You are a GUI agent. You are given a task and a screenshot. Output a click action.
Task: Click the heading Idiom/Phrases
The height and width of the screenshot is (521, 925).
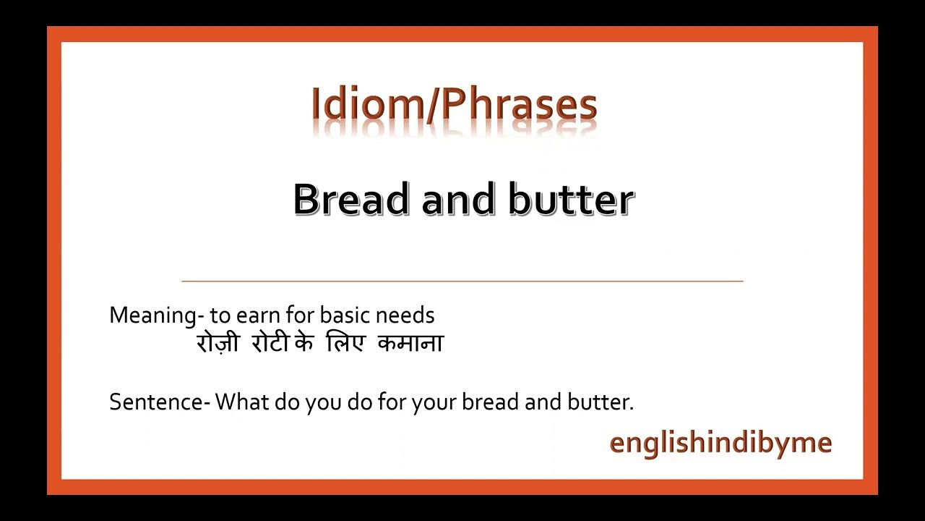click(x=454, y=105)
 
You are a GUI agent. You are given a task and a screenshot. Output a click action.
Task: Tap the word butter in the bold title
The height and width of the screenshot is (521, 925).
click(x=571, y=199)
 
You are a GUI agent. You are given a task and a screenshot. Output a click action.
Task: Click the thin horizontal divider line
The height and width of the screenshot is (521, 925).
click(x=462, y=280)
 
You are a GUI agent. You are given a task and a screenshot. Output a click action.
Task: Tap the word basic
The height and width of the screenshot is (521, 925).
click(x=344, y=315)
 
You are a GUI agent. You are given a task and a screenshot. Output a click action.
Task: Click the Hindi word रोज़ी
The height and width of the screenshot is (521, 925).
click(x=217, y=343)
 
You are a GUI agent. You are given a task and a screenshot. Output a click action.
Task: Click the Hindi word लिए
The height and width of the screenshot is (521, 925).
click(x=344, y=343)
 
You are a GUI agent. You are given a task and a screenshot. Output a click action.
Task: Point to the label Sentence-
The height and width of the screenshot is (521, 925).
click(x=159, y=402)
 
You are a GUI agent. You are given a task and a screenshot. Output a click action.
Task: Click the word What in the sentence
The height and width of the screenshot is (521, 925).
click(x=242, y=402)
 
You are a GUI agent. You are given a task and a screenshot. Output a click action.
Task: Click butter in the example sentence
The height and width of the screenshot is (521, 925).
click(x=603, y=402)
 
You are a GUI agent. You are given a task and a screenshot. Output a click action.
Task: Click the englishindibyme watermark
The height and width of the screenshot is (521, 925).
click(x=720, y=442)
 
